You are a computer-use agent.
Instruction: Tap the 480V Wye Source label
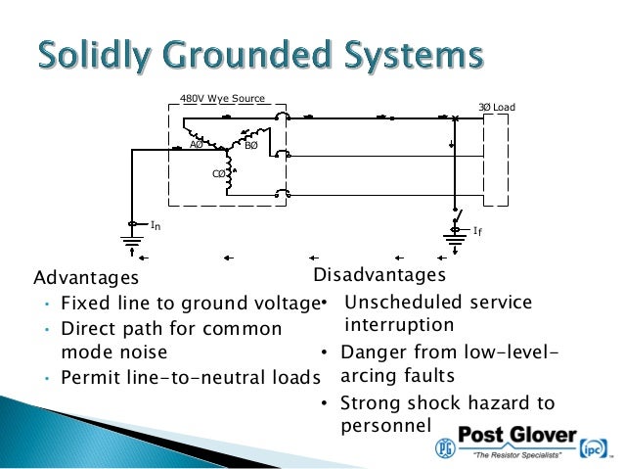(x=223, y=99)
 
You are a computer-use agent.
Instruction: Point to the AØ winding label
(x=196, y=145)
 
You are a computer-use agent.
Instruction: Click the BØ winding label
(x=250, y=146)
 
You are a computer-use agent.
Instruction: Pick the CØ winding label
(x=219, y=173)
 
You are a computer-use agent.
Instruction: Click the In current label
(x=155, y=225)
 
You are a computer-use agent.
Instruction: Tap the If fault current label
(x=477, y=231)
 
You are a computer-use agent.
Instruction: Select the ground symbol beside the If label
(x=455, y=238)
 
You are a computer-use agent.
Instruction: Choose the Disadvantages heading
(x=379, y=274)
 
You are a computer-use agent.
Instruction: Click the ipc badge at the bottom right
(x=595, y=447)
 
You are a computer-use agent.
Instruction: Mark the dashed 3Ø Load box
(x=497, y=160)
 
